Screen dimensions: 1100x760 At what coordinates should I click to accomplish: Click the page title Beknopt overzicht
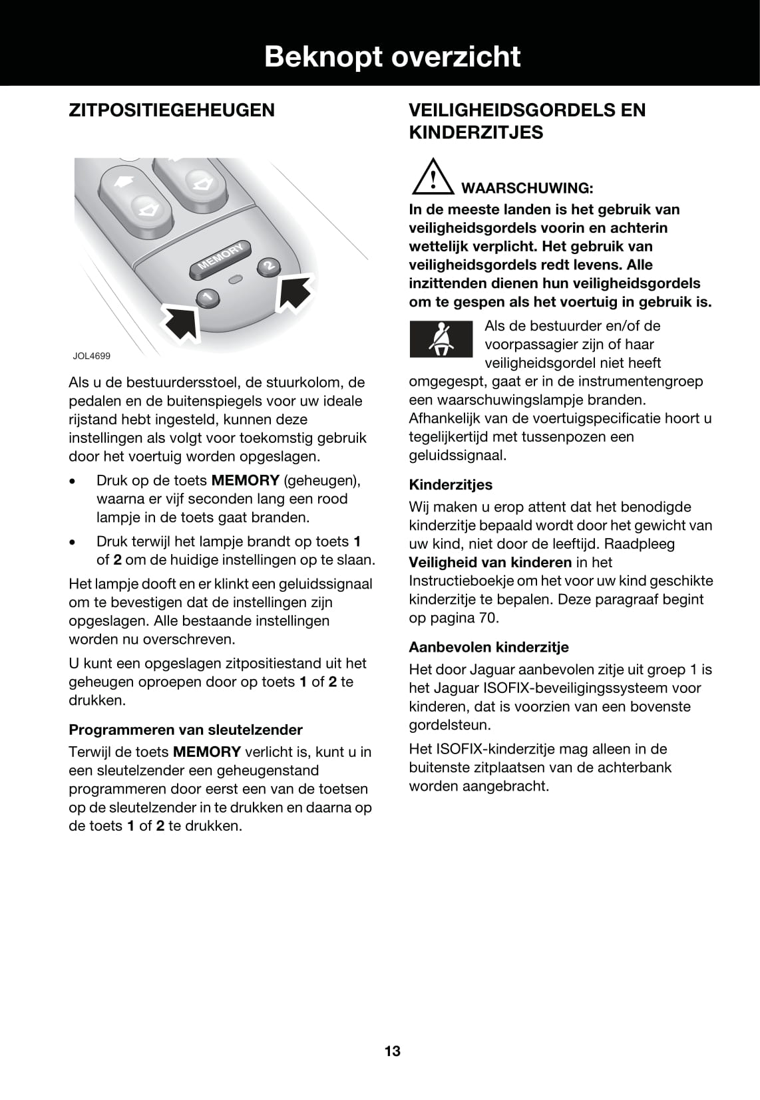392,57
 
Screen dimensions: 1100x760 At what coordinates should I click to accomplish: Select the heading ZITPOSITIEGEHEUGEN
172,110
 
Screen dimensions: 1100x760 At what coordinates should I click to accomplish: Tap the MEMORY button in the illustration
221,259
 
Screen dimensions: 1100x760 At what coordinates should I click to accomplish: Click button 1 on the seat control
208,297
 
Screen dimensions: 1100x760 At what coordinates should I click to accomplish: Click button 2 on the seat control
268,266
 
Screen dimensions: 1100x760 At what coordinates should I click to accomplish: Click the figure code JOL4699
92,356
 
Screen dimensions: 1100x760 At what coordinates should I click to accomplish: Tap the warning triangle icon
432,176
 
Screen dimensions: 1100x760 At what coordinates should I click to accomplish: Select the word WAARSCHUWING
526,188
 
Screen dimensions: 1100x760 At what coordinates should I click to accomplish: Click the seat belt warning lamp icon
441,339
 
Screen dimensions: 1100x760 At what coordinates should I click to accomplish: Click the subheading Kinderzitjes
451,485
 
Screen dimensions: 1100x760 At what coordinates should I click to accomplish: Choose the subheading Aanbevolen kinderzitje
488,647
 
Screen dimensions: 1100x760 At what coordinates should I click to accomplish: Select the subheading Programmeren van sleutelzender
186,730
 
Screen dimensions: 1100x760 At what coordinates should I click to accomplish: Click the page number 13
393,1051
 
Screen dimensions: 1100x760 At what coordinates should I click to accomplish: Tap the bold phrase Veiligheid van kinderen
490,562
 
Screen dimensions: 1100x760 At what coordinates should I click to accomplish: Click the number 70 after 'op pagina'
488,618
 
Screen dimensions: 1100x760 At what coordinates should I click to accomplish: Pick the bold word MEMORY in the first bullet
245,480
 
